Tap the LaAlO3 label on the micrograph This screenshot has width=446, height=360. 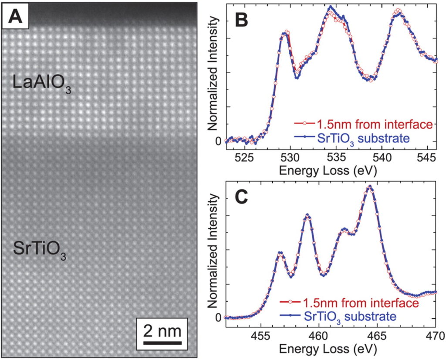pos(42,83)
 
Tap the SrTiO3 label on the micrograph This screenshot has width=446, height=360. pos(40,251)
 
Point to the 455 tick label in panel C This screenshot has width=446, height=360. pos(260,335)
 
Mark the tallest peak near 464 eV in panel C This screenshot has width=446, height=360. pos(370,186)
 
